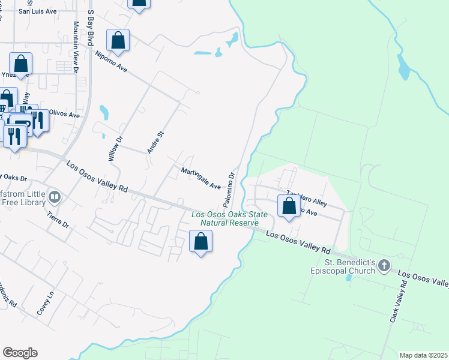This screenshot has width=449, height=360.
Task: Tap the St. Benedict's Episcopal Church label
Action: coord(351,266)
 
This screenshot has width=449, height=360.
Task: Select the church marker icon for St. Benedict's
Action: coord(384,265)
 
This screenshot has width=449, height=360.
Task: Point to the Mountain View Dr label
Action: coord(76,48)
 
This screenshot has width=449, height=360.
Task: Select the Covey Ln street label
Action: coord(46,302)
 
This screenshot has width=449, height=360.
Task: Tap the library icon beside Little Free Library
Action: coord(55,196)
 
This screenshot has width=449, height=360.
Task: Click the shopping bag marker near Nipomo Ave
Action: coord(118,41)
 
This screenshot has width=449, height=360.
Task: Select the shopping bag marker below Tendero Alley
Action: coord(289,206)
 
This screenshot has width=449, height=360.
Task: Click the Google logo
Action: coord(20,353)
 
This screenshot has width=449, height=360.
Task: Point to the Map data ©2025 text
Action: coord(423,355)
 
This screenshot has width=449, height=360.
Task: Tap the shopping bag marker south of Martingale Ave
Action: coord(201,242)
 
